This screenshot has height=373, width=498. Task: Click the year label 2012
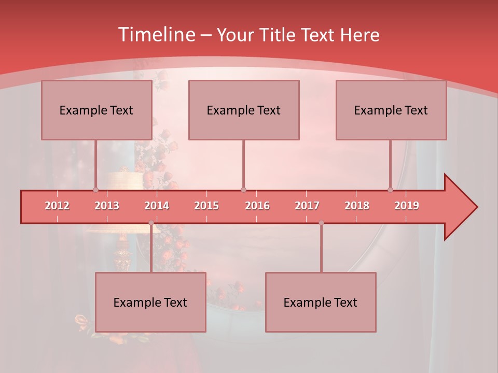tap(57, 206)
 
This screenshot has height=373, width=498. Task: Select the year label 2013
tap(107, 206)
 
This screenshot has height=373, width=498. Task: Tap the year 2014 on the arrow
tap(157, 206)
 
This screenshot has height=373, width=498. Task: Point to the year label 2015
tap(206, 206)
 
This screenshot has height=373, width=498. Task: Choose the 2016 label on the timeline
tap(257, 206)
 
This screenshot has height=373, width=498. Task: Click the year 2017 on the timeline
tap(307, 206)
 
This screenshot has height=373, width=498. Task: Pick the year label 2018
tap(357, 206)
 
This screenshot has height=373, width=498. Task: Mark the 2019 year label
tap(407, 206)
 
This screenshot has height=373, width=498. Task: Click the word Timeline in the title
tap(156, 35)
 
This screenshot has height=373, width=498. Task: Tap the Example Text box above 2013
tap(96, 110)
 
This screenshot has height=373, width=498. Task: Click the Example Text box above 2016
tap(244, 110)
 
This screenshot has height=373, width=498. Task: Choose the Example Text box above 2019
tap(391, 110)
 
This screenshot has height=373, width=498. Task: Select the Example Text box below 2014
tap(150, 302)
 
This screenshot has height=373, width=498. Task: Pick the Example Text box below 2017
tap(321, 302)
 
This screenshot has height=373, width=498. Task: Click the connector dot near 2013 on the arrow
tap(95, 190)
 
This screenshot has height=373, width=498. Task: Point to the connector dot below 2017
tap(321, 223)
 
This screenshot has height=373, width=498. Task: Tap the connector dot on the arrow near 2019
tap(390, 190)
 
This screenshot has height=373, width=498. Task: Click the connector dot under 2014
tap(151, 223)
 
